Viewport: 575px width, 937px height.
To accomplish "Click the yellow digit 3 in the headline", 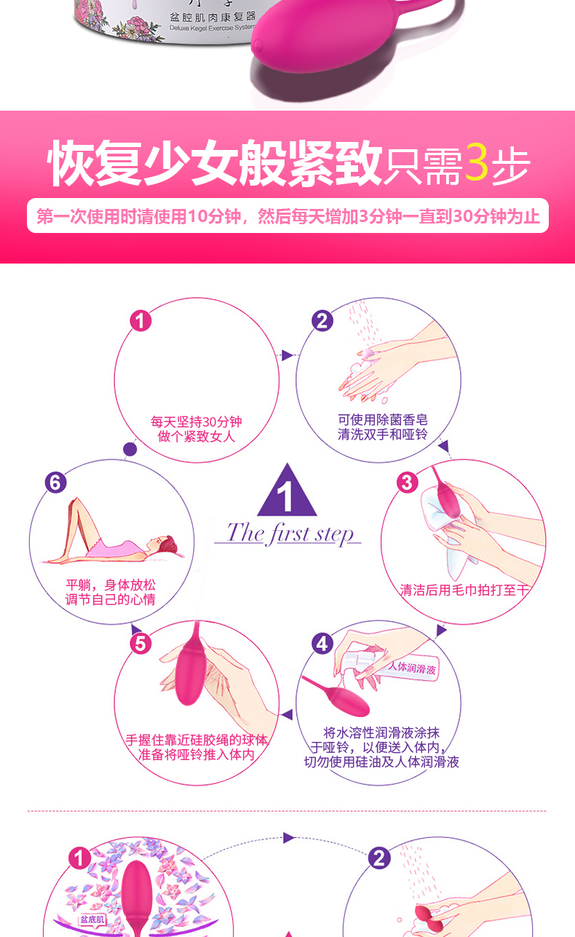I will point(477,163).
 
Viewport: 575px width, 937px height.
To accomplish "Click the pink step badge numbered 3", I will point(407,482).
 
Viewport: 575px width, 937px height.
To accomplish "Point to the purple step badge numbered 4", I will point(322,644).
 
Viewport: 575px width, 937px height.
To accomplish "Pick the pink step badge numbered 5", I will point(140,644).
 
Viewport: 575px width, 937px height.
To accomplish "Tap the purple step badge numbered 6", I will point(55,482).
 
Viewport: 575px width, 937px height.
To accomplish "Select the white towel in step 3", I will point(444,524).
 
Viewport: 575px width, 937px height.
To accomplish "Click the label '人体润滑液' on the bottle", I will point(412,668).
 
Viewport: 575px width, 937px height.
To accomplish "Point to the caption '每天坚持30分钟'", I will point(197,422).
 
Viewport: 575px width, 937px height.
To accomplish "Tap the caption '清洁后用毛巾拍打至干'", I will point(464,590).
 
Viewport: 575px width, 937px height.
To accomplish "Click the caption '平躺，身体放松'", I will point(111,585).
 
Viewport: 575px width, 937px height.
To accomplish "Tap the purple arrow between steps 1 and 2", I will point(287,355).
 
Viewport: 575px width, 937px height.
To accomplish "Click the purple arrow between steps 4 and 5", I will point(287,714).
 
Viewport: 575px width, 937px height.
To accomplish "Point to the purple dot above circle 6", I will point(130,449).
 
